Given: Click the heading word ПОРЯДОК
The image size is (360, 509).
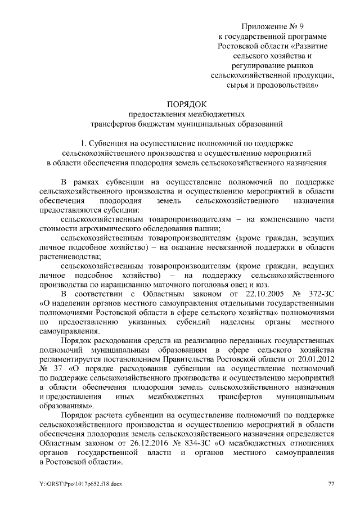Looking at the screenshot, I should click(187, 103).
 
